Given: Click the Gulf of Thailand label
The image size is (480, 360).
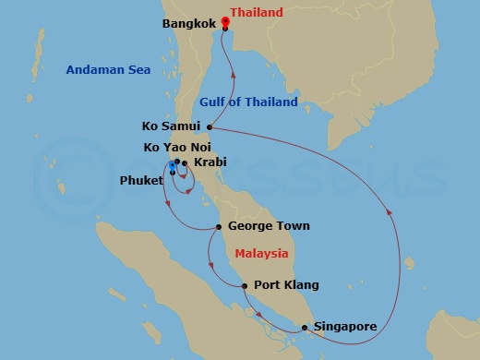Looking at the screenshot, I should click(248, 102).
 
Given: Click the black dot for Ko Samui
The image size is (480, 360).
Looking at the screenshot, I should click(210, 127).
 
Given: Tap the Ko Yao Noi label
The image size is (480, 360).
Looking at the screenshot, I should click(172, 147).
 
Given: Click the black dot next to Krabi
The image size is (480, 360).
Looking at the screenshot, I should click(186, 164).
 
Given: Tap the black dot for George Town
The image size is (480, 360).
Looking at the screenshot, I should click(219, 226).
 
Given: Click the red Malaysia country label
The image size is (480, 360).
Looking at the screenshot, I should click(261, 254).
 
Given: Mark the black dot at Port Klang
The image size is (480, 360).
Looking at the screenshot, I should click(245, 286).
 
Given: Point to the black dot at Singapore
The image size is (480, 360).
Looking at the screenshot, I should click(304, 327).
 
